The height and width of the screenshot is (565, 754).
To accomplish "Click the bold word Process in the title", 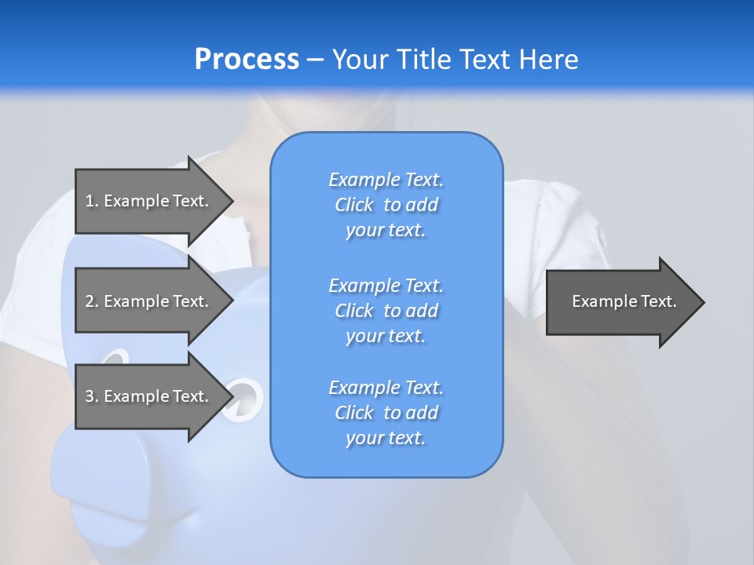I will pyautogui.click(x=247, y=60).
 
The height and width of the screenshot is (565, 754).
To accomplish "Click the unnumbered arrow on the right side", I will pyautogui.click(x=624, y=301).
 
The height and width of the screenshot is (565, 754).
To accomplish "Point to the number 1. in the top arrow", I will pyautogui.click(x=91, y=201).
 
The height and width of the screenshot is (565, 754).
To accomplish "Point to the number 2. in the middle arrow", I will pyautogui.click(x=91, y=301).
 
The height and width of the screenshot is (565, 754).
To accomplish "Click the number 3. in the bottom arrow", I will pyautogui.click(x=91, y=396).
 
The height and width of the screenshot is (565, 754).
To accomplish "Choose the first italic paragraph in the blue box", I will pyautogui.click(x=386, y=205).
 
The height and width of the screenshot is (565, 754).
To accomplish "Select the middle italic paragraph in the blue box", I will pyautogui.click(x=386, y=311).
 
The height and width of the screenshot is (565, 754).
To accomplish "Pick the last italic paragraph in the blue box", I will pyautogui.click(x=386, y=413).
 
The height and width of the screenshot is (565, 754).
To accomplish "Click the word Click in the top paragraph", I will pyautogui.click(x=354, y=205).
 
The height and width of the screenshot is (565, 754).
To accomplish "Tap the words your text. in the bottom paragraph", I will pyautogui.click(x=386, y=439).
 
